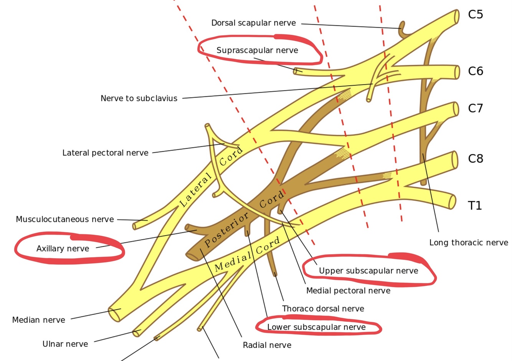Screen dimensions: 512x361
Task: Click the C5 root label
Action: tap(475, 15)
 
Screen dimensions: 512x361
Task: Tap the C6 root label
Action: tap(475, 71)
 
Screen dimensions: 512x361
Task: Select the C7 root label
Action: tap(475, 108)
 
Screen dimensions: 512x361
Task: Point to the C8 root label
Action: tap(475, 159)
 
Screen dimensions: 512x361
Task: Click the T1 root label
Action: tap(475, 206)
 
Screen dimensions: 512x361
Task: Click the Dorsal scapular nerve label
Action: tap(253, 23)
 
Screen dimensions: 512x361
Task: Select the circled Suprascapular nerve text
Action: tap(257, 50)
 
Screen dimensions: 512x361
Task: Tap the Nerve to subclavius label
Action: tap(139, 98)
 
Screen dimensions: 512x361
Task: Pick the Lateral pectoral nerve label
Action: tap(105, 153)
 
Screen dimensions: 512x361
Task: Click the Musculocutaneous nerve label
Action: tap(65, 219)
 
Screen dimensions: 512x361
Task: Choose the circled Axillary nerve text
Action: tap(63, 249)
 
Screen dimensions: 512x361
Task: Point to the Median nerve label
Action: tap(38, 320)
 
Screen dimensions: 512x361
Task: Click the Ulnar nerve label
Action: tap(65, 344)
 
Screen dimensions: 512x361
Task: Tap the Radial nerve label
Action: tap(267, 345)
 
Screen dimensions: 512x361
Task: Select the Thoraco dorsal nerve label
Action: tap(323, 309)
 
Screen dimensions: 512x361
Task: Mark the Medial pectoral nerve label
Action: tap(348, 291)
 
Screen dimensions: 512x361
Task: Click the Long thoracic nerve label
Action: tap(468, 243)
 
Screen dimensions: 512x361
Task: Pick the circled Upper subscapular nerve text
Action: tap(368, 271)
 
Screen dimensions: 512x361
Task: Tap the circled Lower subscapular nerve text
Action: tap(316, 327)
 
